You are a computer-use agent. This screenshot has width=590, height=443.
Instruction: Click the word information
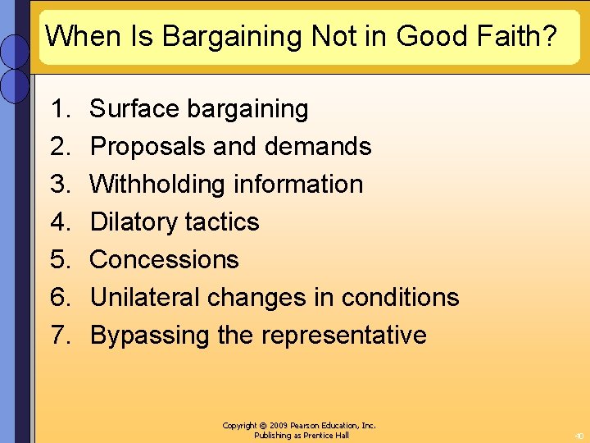click(298, 184)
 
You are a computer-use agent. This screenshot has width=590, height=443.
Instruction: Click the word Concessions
click(164, 259)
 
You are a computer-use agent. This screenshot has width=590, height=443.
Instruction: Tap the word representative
click(343, 335)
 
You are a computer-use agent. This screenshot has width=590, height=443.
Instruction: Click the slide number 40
click(579, 436)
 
